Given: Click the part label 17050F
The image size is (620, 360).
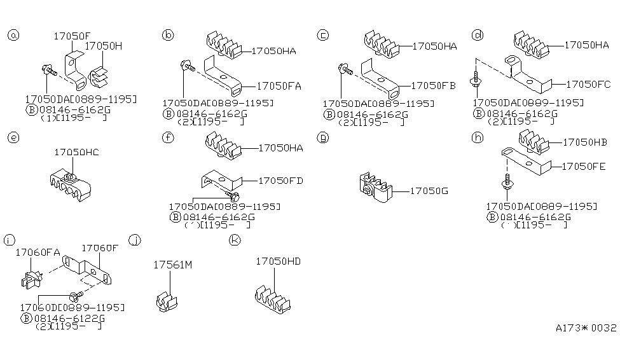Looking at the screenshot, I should pyautogui.click(x=71, y=36).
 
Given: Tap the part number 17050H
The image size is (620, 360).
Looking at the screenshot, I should pyautogui.click(x=104, y=46).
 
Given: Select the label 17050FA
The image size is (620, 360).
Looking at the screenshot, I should pyautogui.click(x=279, y=85).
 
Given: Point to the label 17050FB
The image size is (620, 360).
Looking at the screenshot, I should pyautogui.click(x=434, y=85).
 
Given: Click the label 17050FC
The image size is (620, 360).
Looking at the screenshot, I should pyautogui.click(x=588, y=83).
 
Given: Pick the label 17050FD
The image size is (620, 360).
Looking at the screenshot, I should pyautogui.click(x=280, y=181).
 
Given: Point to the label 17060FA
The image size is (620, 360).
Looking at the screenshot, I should pyautogui.click(x=38, y=252).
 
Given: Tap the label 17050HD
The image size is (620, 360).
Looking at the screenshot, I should pyautogui.click(x=277, y=261).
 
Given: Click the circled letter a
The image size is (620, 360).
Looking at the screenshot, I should pyautogui.click(x=13, y=35).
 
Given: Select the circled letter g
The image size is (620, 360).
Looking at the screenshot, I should pyautogui.click(x=323, y=137).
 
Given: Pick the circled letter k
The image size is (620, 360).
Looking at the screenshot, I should pyautogui.click(x=235, y=240).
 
